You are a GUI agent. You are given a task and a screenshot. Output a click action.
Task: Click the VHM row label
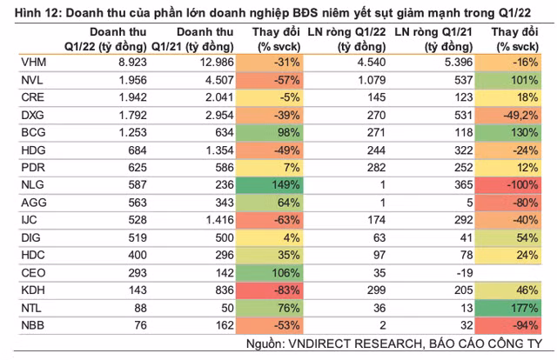[34, 63]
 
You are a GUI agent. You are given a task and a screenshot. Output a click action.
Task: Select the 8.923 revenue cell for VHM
[132, 63]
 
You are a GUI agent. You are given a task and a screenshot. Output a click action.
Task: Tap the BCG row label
[33, 133]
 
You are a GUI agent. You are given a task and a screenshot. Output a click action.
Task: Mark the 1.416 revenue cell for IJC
[220, 220]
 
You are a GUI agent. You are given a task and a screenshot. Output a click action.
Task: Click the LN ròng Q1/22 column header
[346, 39]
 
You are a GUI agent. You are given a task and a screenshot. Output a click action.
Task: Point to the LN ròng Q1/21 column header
[433, 39]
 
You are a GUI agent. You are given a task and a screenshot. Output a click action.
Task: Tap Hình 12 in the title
[38, 13]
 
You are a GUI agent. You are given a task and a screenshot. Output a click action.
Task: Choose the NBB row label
[33, 325]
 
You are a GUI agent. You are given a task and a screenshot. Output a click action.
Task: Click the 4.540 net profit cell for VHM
[372, 63]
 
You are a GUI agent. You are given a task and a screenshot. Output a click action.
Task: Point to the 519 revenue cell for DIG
[138, 238]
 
